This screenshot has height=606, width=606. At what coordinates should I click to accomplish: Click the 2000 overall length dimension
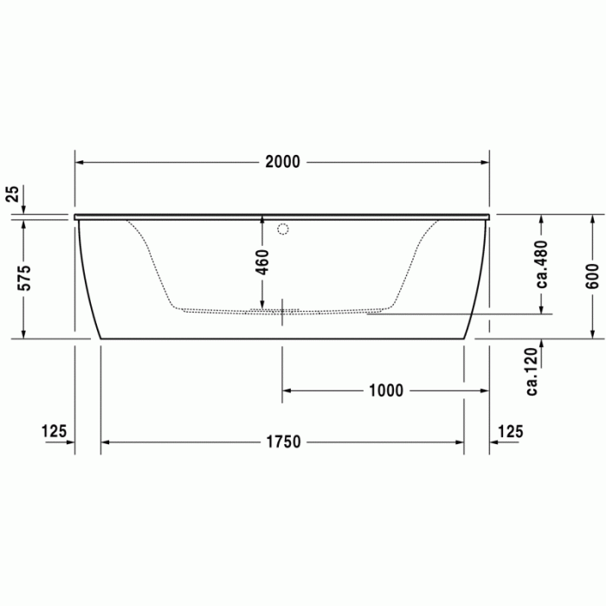pos(282,162)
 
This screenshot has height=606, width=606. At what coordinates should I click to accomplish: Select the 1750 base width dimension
pos(282,442)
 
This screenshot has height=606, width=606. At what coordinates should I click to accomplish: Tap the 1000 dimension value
pos(385,390)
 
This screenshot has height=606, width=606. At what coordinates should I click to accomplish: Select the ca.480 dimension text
pos(542,264)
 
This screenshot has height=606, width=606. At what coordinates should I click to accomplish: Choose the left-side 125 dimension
pos(54,430)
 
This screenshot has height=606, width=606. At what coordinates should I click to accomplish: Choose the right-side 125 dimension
pos(511,430)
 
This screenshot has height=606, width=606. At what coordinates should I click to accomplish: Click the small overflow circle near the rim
pos(282,230)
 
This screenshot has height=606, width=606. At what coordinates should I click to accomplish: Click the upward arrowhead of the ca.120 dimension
pos(542,345)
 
